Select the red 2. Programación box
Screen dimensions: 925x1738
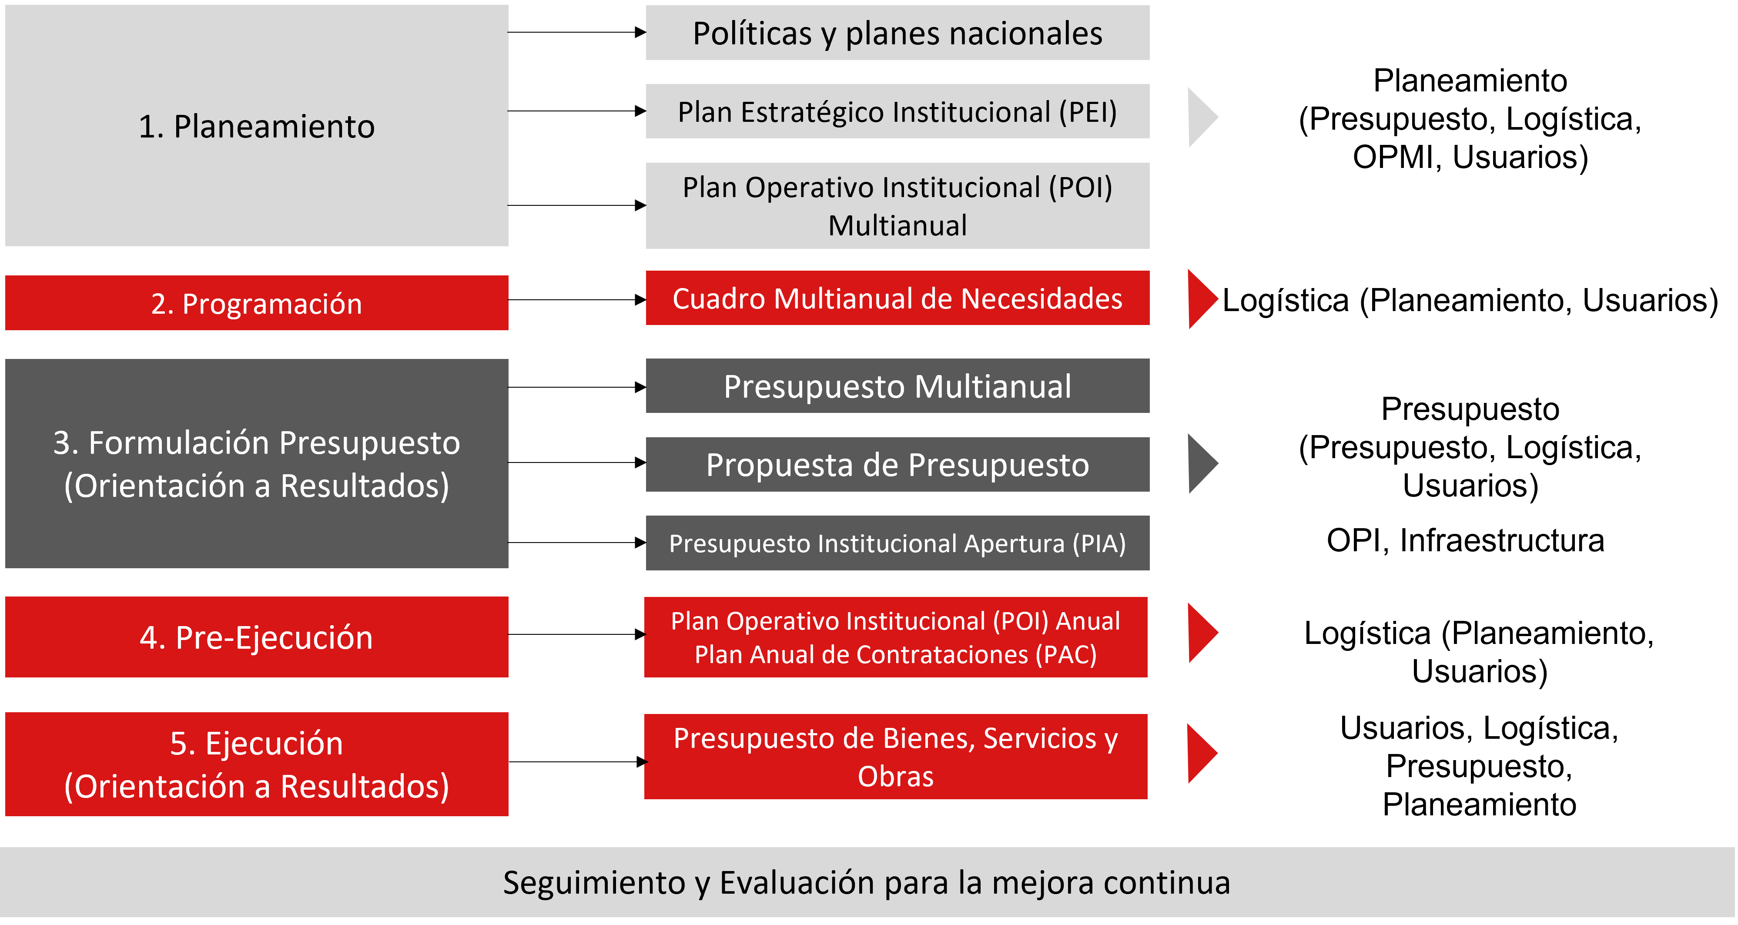click(256, 303)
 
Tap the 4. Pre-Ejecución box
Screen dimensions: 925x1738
click(256, 637)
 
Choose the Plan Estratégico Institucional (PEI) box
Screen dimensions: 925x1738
click(897, 111)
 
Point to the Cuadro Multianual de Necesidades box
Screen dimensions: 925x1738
click(897, 298)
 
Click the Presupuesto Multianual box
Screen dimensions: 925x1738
click(897, 386)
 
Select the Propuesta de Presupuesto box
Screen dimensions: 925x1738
click(897, 464)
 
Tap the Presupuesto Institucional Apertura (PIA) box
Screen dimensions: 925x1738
click(897, 543)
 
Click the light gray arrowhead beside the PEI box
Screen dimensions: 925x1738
click(1201, 117)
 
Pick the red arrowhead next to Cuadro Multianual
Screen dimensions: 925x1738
click(1201, 298)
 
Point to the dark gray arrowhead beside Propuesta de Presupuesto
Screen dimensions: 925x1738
click(1201, 463)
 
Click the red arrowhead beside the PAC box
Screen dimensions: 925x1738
click(1201, 633)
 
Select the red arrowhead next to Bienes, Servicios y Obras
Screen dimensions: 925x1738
click(1201, 753)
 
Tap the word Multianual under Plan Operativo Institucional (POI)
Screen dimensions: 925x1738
click(897, 225)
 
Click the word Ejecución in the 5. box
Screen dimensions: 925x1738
click(274, 744)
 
